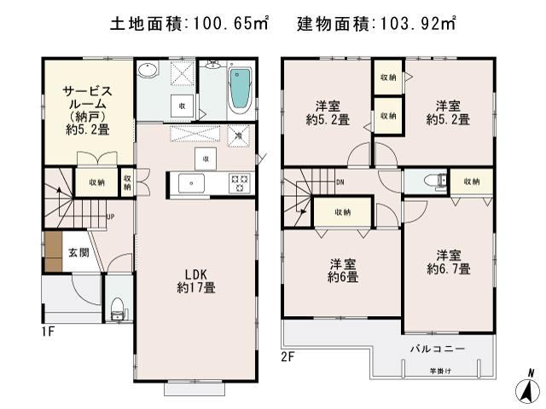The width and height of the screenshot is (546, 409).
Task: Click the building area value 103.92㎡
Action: click(415, 23)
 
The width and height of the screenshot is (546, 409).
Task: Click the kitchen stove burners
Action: click(239, 181)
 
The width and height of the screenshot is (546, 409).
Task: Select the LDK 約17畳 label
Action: click(196, 281)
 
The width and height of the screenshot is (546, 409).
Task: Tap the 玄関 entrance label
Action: click(78, 253)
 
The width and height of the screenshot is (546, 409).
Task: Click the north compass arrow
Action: click(529, 388)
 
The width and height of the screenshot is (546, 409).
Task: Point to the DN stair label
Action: click(340, 181)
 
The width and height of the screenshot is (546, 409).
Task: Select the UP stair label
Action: click(110, 216)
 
